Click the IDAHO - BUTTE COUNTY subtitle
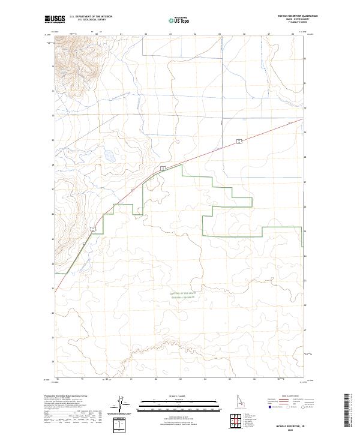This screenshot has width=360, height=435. [296, 20]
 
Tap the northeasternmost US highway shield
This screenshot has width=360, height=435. [238, 142]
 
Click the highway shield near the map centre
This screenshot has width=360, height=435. [163, 170]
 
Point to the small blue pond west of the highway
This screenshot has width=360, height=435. [110, 157]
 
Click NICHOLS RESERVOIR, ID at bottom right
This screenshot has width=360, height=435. [291, 425]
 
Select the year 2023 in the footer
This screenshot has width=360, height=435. [291, 430]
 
